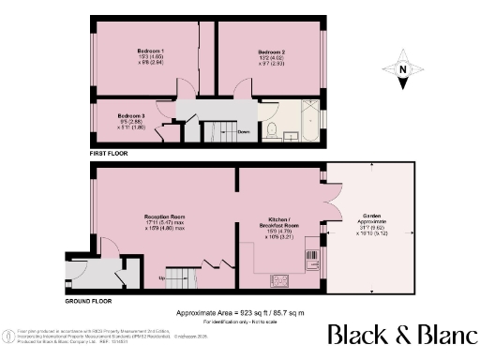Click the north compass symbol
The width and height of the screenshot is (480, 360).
pyautogui.click(x=401, y=69)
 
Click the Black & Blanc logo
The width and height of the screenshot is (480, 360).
pyautogui.click(x=399, y=336)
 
